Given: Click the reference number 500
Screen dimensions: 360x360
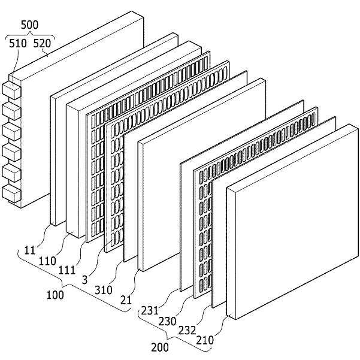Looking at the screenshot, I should [31, 27].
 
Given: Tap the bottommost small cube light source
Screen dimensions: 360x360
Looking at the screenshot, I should [10, 192].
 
